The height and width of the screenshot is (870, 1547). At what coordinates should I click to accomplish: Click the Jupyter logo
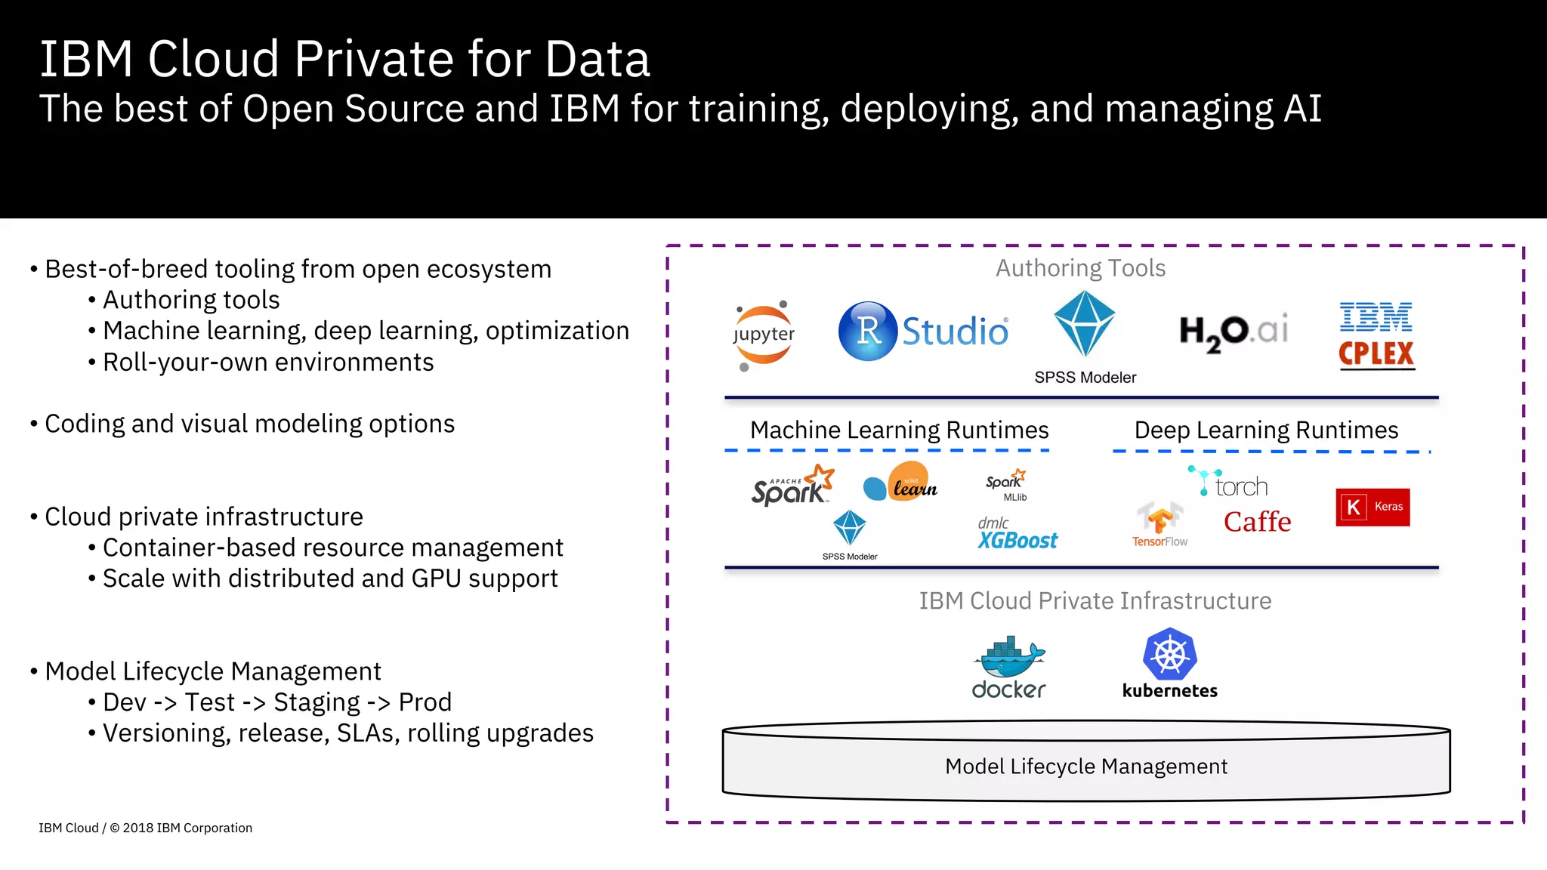coord(764,335)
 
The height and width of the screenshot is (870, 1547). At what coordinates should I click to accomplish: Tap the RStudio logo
coord(923,331)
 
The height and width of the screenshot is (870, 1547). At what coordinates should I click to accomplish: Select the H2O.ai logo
coord(1234,332)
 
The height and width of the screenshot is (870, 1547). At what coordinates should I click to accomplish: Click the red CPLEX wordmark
coord(1376,353)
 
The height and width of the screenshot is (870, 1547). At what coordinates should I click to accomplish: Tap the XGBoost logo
coord(1017,534)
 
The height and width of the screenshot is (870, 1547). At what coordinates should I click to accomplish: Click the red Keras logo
coord(1373,507)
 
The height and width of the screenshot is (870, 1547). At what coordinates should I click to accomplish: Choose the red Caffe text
coord(1257,522)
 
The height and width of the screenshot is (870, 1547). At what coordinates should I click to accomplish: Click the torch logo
coord(1229,483)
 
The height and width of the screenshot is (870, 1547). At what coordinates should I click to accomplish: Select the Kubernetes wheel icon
coord(1169,653)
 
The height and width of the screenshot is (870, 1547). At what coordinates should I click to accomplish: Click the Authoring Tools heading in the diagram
coord(1080,268)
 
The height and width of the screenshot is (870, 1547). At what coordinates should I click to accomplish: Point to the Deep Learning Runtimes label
coord(1266,430)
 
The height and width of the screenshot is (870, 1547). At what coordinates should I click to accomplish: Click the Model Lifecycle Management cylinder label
coord(1085,767)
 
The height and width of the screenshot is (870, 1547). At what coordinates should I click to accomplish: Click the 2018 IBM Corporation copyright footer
coord(187,828)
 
